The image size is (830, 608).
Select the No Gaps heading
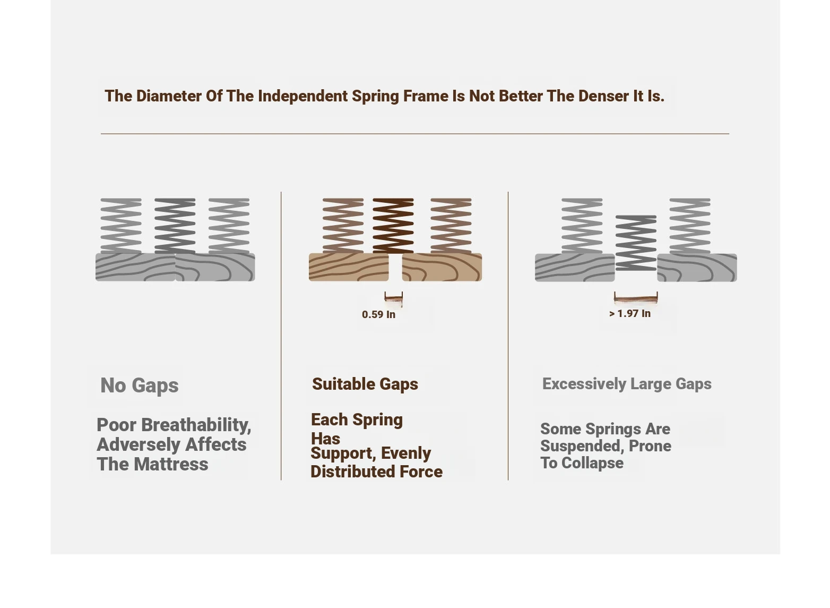point(140,386)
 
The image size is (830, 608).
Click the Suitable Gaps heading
point(365,384)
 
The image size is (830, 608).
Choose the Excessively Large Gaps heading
point(627,384)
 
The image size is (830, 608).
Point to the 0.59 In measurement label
point(379,314)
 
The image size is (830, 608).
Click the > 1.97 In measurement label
point(630,314)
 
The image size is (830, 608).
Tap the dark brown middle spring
point(393,226)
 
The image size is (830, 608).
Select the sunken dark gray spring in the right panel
point(636,243)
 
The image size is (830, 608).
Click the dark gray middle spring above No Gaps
point(175,226)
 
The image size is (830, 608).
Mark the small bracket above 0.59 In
point(394,298)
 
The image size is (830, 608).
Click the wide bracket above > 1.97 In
point(636,298)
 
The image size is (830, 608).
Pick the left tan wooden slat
point(349,267)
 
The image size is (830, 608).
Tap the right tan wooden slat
point(442,267)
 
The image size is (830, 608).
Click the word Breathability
point(196,425)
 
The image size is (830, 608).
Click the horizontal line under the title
point(415,134)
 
